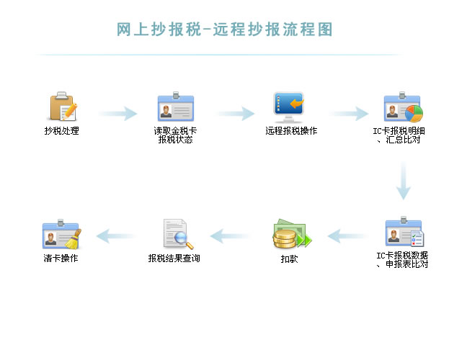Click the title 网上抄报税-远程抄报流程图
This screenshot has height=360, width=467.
(x=224, y=30)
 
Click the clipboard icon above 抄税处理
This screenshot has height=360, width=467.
(x=62, y=107)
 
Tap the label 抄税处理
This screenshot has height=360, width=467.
(x=61, y=131)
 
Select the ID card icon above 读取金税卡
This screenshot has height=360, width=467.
(x=175, y=107)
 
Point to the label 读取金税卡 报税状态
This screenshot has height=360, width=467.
(x=175, y=135)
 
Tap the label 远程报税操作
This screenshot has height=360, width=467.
(x=291, y=131)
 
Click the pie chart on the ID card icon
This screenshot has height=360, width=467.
(x=413, y=113)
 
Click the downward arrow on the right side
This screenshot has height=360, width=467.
(x=404, y=180)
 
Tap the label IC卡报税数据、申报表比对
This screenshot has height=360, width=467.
(x=403, y=259)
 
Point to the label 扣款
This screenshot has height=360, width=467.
(x=289, y=258)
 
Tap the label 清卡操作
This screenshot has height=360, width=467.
(x=61, y=258)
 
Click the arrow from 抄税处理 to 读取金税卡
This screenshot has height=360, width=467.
(x=117, y=113)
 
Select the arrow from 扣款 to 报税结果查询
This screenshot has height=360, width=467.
(x=230, y=235)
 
